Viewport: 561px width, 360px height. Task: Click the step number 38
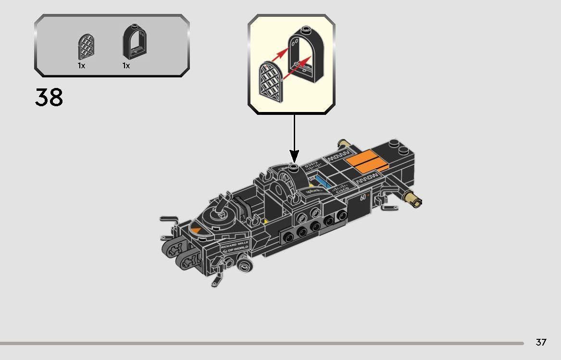pyautogui.click(x=49, y=98)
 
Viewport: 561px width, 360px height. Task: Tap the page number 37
pyautogui.click(x=541, y=342)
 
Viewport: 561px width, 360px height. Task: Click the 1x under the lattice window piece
pyautogui.click(x=81, y=66)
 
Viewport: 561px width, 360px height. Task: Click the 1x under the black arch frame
pyautogui.click(x=126, y=66)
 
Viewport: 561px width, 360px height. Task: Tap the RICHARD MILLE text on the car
pyautogui.click(x=235, y=245)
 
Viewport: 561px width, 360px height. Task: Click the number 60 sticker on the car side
pyautogui.click(x=364, y=198)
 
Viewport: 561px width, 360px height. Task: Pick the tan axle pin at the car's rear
pyautogui.click(x=413, y=198)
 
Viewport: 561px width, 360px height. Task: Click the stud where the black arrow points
pyautogui.click(x=294, y=167)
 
